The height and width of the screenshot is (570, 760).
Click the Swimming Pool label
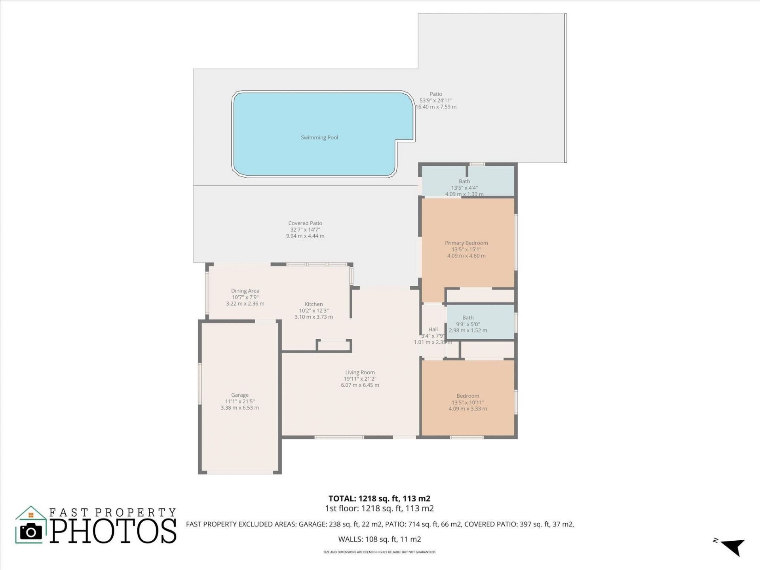coord(319,138)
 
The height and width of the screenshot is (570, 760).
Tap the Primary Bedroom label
coord(466,243)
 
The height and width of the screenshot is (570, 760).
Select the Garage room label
coord(240,395)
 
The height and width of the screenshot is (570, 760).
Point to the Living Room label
coord(360,372)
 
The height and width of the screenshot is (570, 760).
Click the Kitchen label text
coord(313,304)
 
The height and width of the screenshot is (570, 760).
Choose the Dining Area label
coord(245,291)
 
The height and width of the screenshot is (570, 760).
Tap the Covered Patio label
coord(305,223)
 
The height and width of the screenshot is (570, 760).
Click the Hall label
coord(433,329)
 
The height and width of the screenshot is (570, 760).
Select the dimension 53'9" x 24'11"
coord(436,101)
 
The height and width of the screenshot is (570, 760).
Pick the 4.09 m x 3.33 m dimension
coord(467,408)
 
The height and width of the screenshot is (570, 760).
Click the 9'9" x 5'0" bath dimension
coord(467,324)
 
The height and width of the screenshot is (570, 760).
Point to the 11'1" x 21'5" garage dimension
coord(240,401)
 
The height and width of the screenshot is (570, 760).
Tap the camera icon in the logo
coord(31,532)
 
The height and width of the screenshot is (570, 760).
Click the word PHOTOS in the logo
coord(113,531)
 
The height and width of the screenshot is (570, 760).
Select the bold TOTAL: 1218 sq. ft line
coord(379,499)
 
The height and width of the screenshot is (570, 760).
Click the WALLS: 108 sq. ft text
coord(379,539)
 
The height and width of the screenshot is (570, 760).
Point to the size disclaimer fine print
coord(379,552)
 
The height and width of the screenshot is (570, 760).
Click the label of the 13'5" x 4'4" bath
coord(464,182)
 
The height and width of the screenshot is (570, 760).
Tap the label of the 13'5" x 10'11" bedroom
coord(467,396)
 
